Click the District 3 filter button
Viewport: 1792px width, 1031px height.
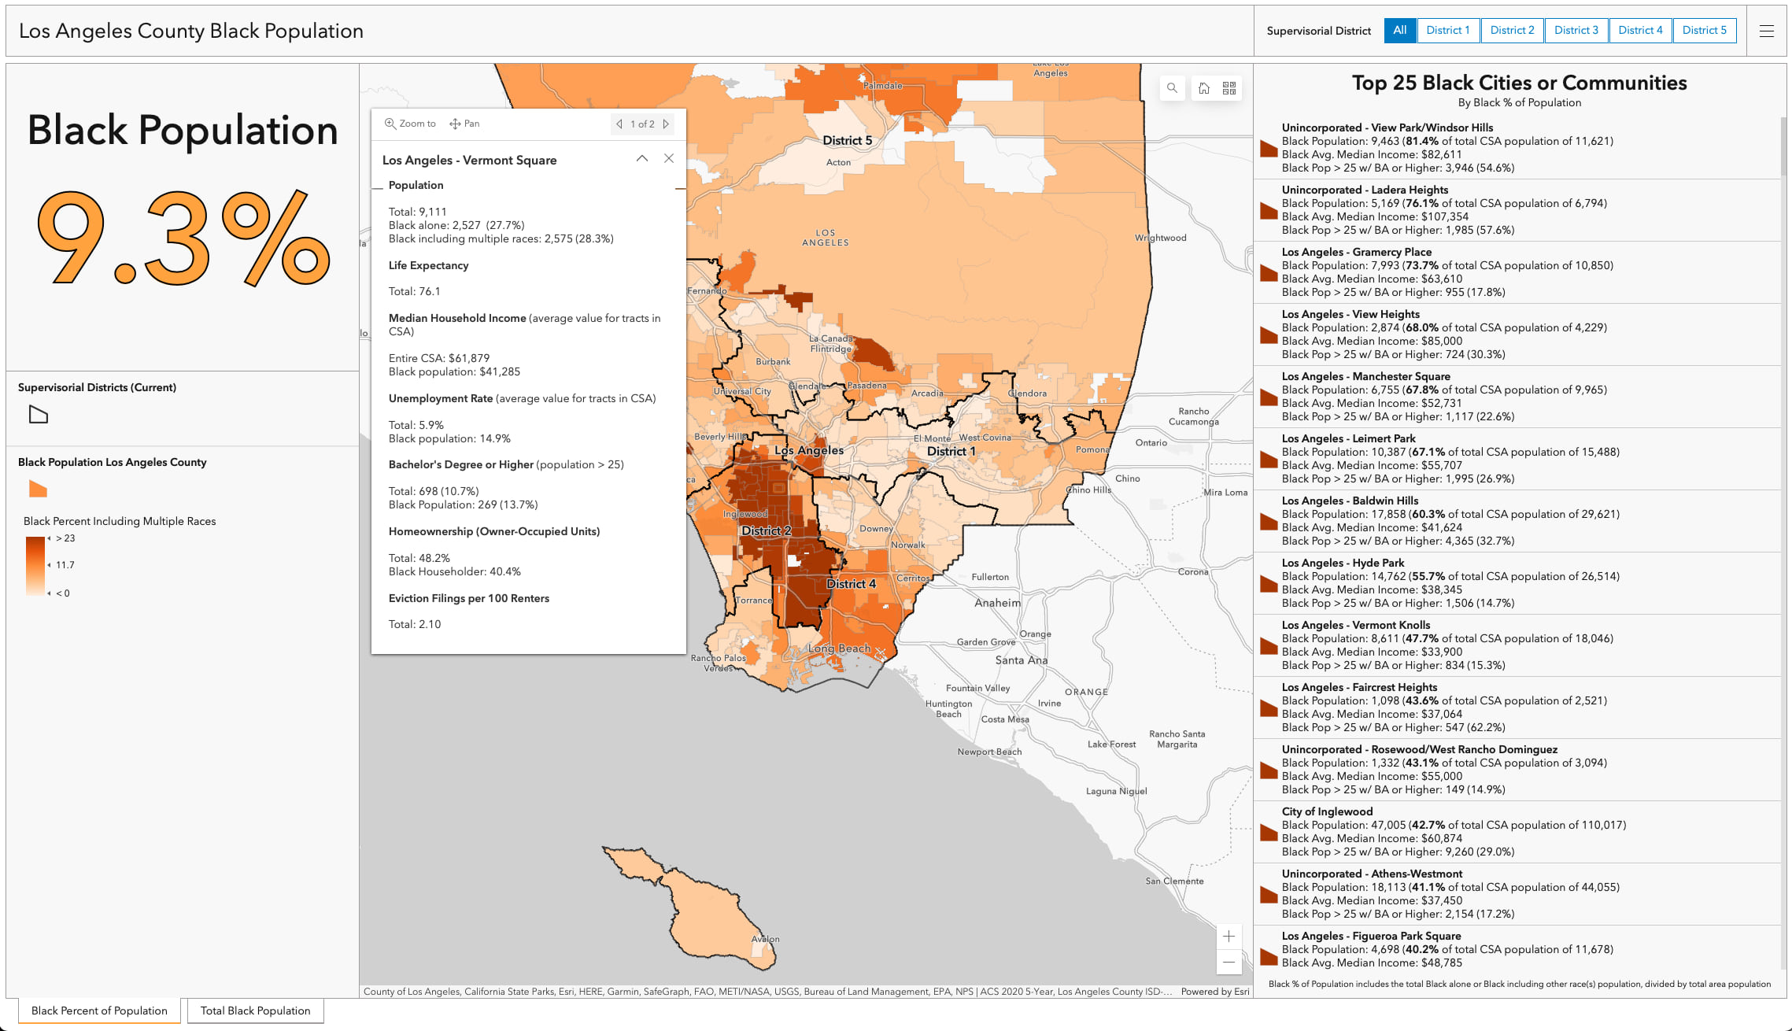pos(1576,31)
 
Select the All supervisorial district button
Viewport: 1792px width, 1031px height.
pos(1399,31)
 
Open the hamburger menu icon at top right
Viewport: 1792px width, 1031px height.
pos(1766,31)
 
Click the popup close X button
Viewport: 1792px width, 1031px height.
pos(669,158)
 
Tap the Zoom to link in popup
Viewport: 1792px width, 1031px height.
pos(410,124)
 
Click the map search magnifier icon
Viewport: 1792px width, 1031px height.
pos(1172,88)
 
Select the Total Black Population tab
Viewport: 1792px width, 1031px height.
pos(255,1011)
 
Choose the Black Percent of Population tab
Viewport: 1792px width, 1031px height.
pos(99,1011)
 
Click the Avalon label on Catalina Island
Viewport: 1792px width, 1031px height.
pos(765,939)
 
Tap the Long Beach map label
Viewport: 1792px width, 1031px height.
pos(840,649)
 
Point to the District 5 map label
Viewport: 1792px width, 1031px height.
pos(847,141)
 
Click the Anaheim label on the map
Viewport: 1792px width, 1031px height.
pos(997,603)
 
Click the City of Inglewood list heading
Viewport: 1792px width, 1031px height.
pos(1327,811)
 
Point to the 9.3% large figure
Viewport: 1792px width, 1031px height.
pos(183,238)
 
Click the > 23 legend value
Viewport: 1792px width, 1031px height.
pos(66,538)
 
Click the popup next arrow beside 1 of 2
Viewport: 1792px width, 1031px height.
pos(666,124)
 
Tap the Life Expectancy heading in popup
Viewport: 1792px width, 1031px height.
pos(428,265)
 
